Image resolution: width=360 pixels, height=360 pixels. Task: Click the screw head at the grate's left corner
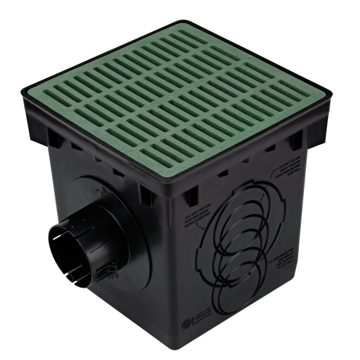(x=97, y=132)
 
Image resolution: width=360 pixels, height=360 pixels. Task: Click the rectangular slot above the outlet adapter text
(x=191, y=197)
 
